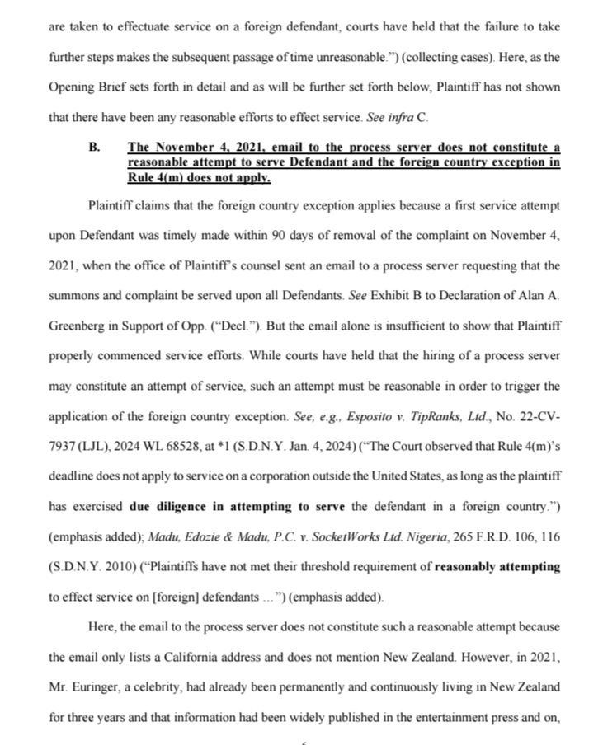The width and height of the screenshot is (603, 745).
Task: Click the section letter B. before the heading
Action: pyautogui.click(x=94, y=148)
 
